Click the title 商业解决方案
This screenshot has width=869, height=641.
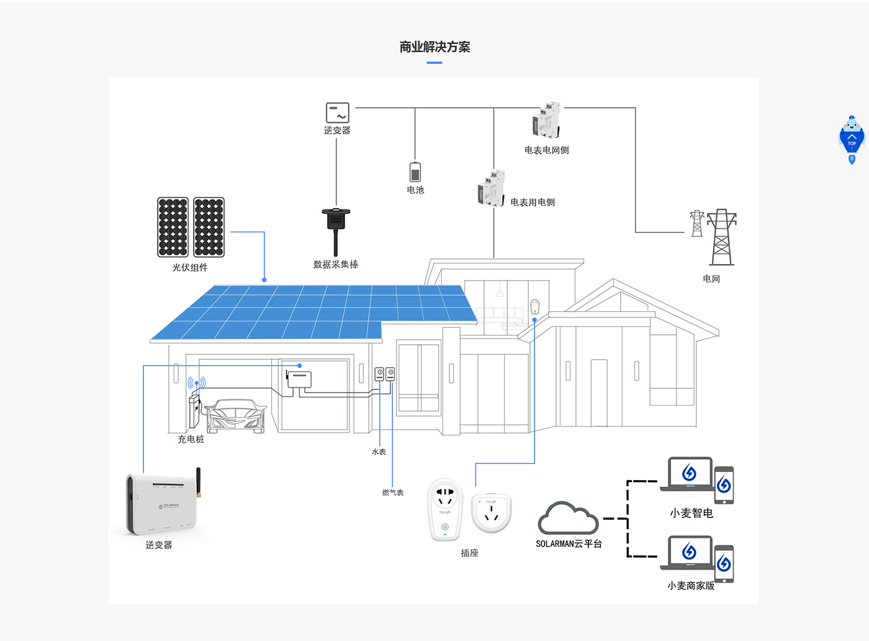(434, 47)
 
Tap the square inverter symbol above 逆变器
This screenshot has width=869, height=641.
(338, 112)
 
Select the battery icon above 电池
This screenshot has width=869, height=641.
(415, 172)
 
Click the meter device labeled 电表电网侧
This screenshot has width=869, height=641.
(546, 121)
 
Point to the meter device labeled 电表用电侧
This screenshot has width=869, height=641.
(491, 188)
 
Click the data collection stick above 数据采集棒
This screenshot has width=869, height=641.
(336, 230)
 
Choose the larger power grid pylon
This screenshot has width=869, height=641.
(721, 237)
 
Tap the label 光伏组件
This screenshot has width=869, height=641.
(190, 268)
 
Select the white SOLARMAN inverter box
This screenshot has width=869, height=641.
(161, 503)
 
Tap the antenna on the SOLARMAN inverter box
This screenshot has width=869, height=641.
(199, 482)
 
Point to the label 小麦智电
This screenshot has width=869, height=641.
(691, 513)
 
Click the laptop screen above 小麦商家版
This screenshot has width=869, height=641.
(689, 551)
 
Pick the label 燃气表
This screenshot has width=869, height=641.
(392, 493)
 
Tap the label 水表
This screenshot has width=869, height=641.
(379, 452)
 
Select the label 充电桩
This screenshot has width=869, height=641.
(191, 439)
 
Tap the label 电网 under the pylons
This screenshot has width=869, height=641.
(711, 279)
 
